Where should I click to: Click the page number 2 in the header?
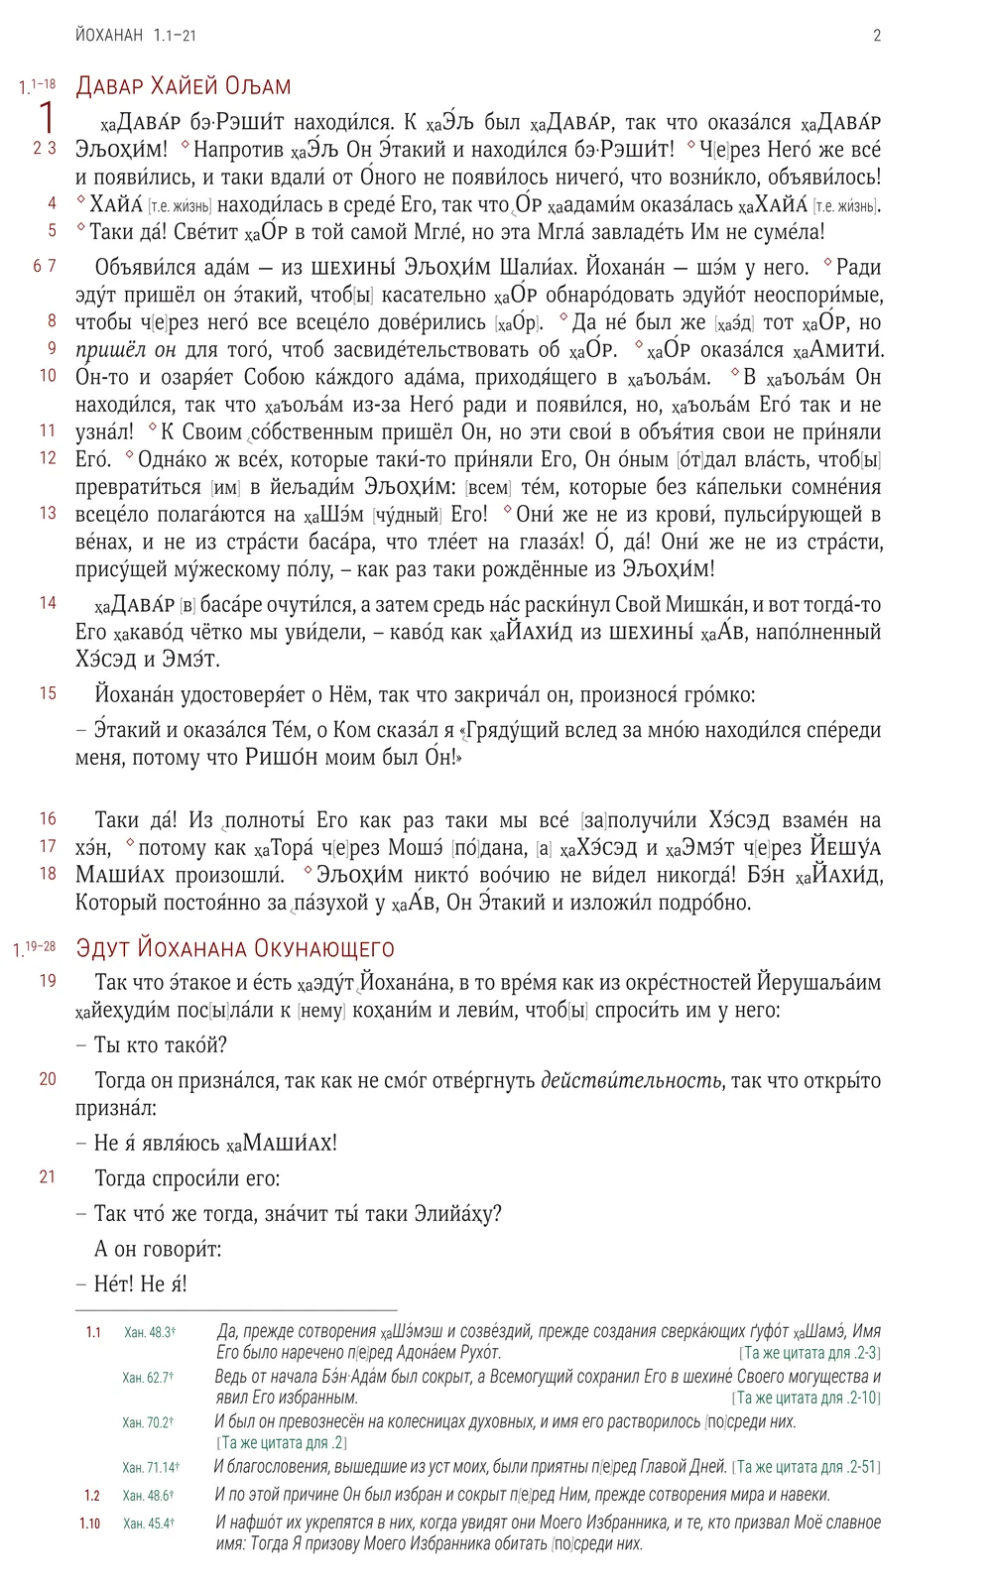877,36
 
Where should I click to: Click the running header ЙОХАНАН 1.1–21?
135,36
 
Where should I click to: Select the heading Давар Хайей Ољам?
184,85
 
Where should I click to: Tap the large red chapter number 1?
46,118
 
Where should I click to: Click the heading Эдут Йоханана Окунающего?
235,948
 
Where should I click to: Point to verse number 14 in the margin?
48,603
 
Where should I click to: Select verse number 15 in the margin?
48,693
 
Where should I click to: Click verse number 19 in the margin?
48,981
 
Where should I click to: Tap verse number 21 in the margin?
48,1177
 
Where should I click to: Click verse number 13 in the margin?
48,513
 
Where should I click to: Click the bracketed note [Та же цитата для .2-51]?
806,1467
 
